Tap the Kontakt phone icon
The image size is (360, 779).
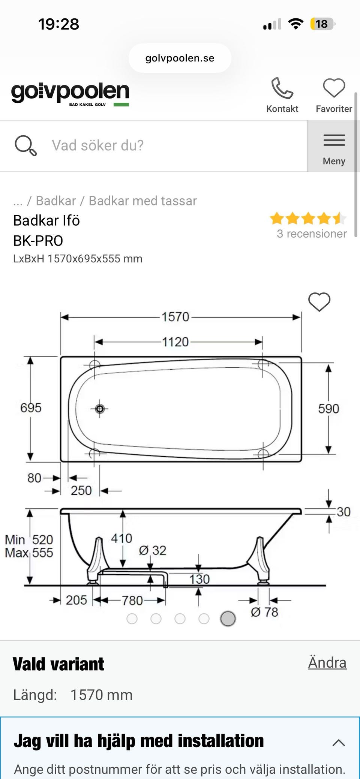click(x=282, y=88)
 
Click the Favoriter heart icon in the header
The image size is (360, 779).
click(x=334, y=88)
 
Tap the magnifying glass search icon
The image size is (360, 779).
click(x=25, y=145)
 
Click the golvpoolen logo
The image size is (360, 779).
click(x=70, y=93)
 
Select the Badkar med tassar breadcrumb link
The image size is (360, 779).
click(x=142, y=201)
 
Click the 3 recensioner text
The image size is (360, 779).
click(x=312, y=234)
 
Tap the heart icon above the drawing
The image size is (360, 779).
click(x=319, y=302)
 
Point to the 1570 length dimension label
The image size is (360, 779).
click(x=175, y=317)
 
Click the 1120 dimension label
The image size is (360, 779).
click(x=175, y=342)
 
